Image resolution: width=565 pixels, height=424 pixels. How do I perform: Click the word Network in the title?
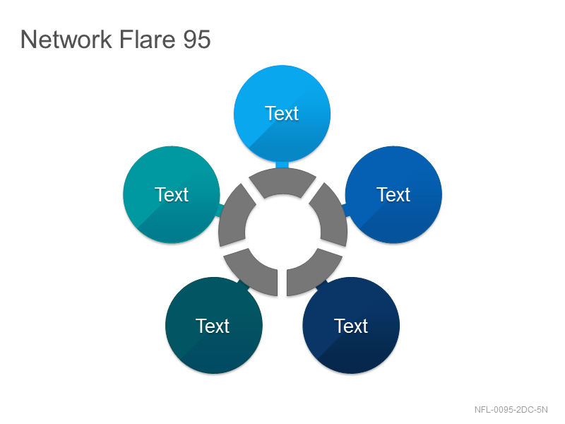pos(66,40)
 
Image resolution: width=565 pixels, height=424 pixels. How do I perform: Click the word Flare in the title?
pos(147,39)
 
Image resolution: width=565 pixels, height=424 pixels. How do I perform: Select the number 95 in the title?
pos(197,40)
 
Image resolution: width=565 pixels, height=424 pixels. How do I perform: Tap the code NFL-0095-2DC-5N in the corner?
pos(511,410)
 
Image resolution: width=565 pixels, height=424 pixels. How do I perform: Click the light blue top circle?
pos(282,114)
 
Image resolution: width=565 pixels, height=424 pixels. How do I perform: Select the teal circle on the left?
pos(172,195)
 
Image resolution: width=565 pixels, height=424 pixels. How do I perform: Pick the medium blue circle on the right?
pos(393,195)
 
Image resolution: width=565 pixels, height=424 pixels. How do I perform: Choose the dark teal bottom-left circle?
pos(214,326)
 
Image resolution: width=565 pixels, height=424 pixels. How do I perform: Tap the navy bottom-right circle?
pos(351,326)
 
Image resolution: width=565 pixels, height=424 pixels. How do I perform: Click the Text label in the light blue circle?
pos(282,114)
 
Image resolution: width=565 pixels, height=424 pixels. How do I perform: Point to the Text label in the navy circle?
pos(351,326)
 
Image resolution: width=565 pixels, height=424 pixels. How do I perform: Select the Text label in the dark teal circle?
pos(213,326)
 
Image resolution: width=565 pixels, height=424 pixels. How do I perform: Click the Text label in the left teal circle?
pos(172,195)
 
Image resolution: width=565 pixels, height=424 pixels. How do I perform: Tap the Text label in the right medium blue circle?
pos(393,195)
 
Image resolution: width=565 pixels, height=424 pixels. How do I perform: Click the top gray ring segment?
pos(282,182)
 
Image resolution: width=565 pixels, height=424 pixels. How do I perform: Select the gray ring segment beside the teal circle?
pos(234,216)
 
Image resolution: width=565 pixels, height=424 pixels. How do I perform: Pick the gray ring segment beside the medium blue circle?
pos(331,216)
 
